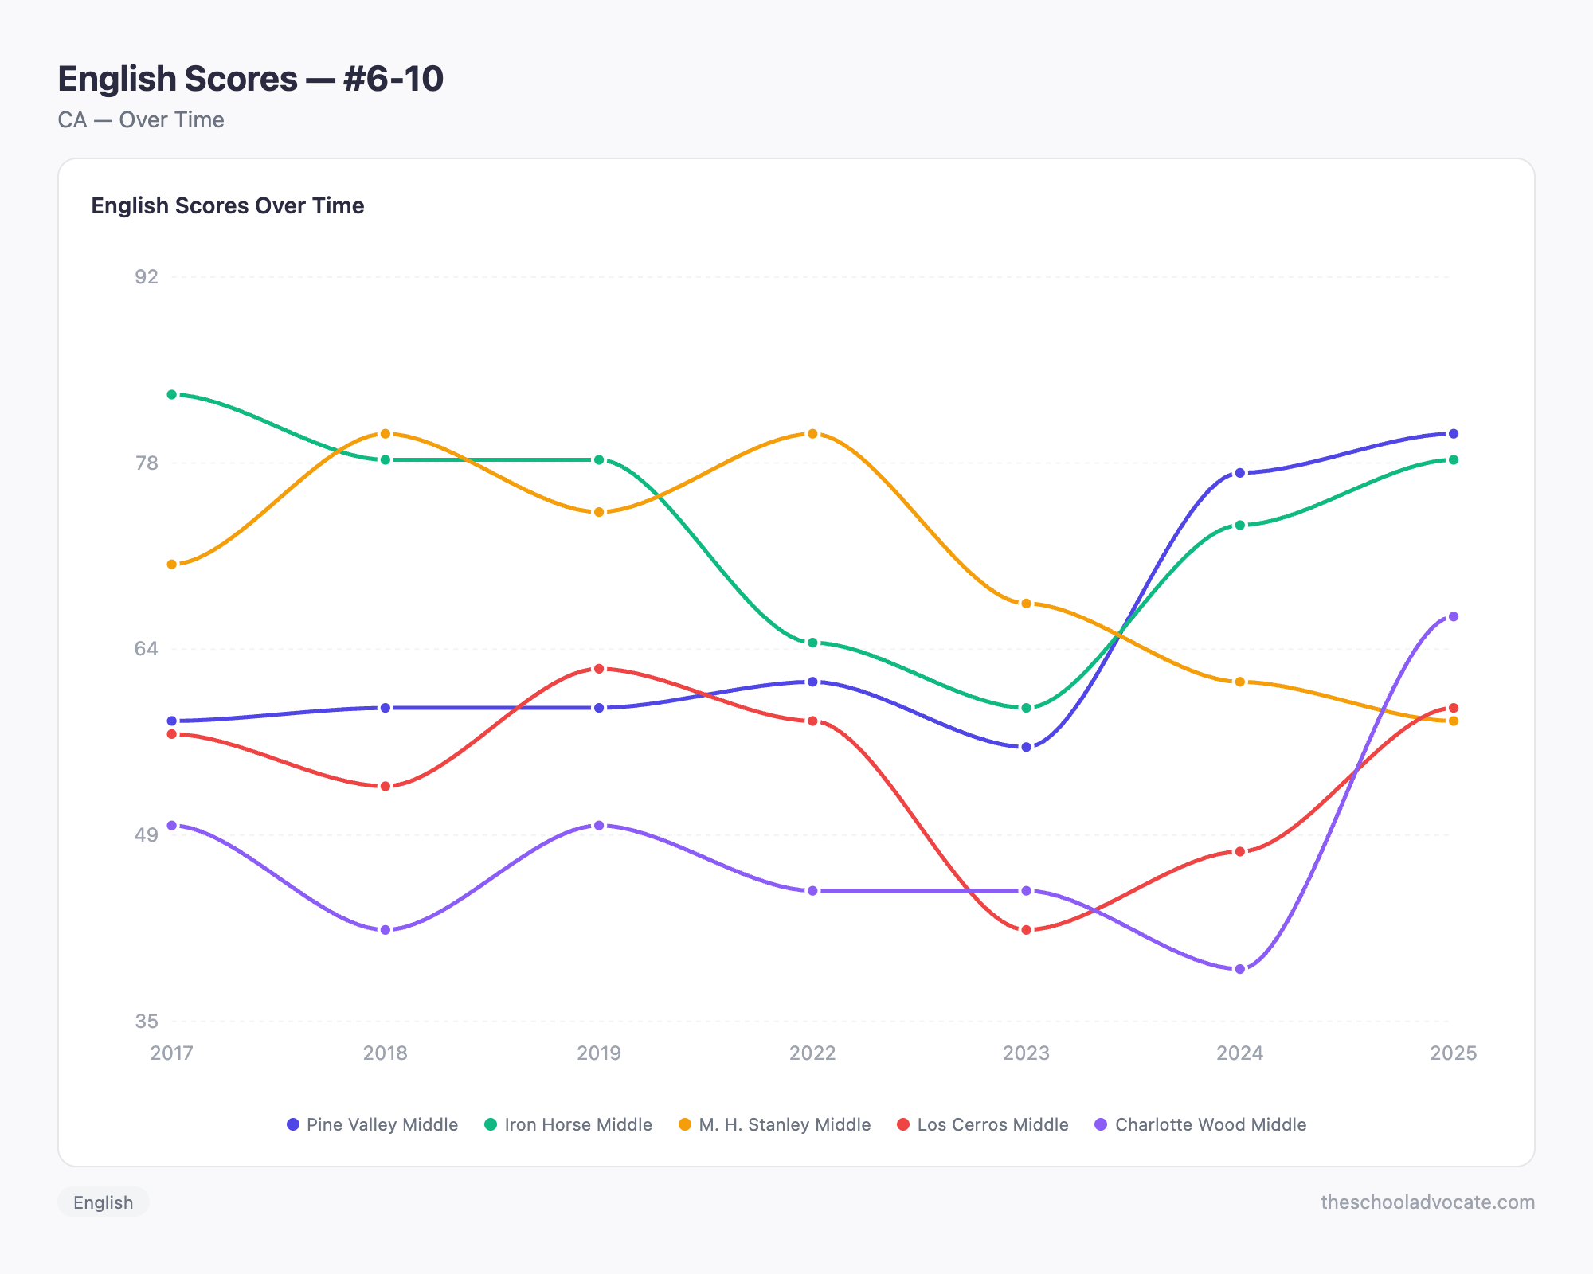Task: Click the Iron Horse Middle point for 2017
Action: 172,395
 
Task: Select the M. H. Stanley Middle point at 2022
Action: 812,434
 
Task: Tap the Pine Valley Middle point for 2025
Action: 1453,434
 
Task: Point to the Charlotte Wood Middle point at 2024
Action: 1239,969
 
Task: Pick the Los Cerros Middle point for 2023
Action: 1026,930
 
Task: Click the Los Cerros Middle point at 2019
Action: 599,669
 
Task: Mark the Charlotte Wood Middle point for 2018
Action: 386,930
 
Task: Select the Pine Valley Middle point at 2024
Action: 1239,473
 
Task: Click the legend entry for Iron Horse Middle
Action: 569,1124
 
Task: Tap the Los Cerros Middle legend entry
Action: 983,1124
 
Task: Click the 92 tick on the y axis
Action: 147,277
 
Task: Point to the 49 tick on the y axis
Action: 147,835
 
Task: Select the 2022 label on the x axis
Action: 812,1053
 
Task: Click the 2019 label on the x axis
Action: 599,1053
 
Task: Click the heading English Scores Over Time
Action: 228,206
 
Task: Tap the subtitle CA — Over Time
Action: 141,120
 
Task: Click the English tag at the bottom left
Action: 104,1202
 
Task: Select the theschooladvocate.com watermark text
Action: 1427,1202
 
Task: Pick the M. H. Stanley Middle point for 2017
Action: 172,565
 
